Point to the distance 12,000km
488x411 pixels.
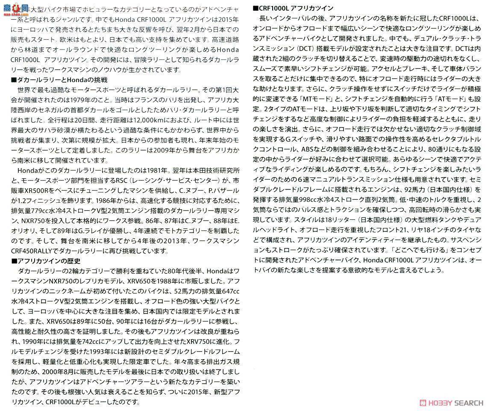coord(150,120)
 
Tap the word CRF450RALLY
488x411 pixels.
coord(33,251)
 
